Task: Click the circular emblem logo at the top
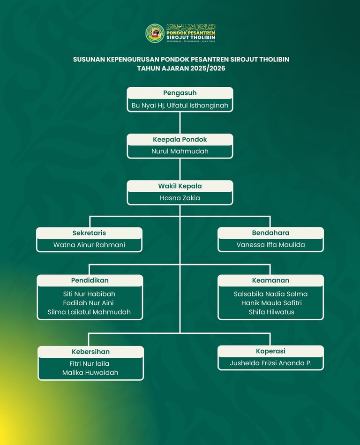coord(155,33)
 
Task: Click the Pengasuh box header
coord(180,93)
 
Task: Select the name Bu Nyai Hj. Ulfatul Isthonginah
coord(180,106)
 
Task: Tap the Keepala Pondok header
coord(180,139)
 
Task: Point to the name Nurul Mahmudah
coord(180,151)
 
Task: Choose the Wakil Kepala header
coord(180,186)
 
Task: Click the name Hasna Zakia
coord(180,198)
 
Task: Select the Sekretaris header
coord(89,233)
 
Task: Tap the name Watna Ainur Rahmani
coord(89,245)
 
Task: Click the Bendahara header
coord(270,233)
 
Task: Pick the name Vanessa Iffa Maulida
coord(270,245)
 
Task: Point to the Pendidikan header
coord(90,280)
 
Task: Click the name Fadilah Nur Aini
coord(89,303)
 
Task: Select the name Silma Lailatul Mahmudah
coord(89,312)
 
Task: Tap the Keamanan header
coord(270,280)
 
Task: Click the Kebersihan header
coord(90,352)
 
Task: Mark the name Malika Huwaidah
coord(90,373)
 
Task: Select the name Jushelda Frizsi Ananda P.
coord(270,363)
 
